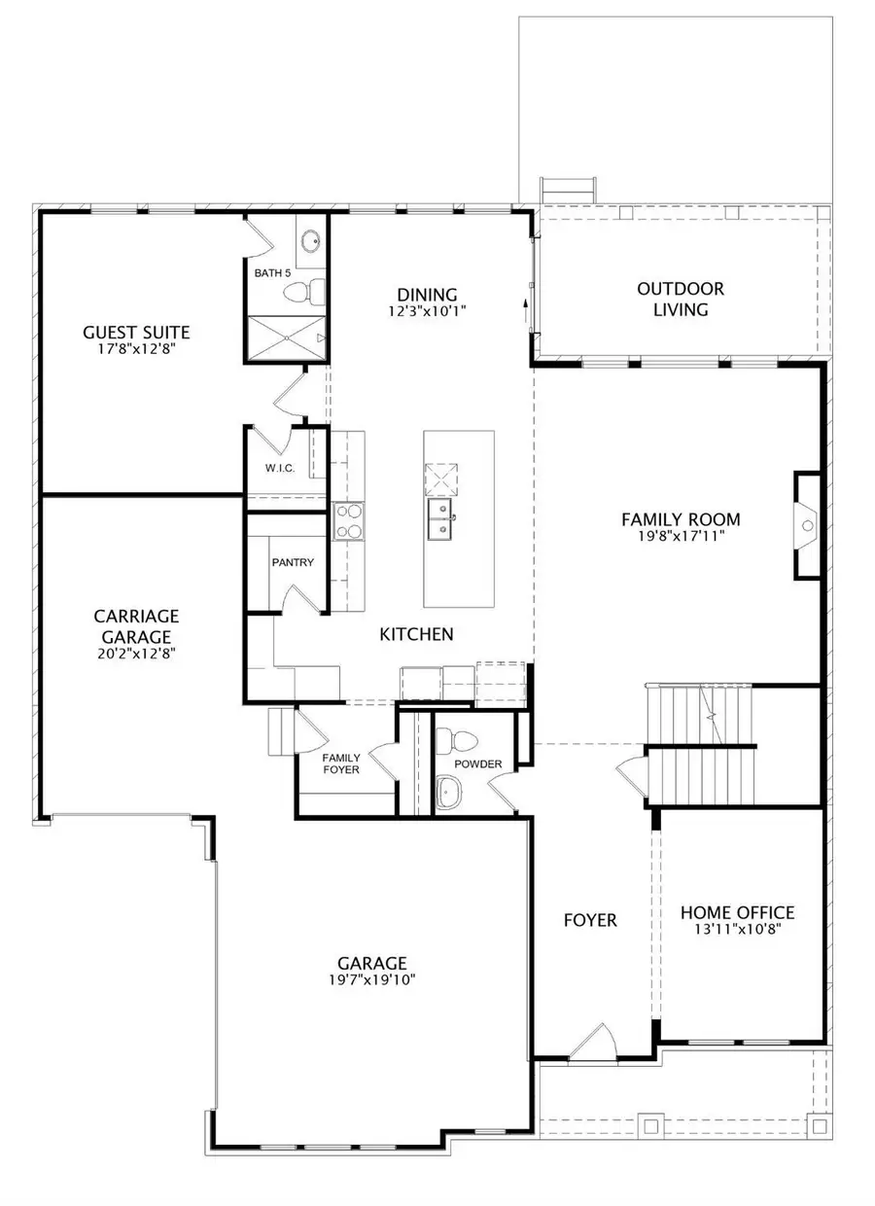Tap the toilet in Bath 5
312,288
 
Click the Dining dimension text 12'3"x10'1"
427,312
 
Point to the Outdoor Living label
681,300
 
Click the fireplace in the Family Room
807,526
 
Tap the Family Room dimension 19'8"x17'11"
681,535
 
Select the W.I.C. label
280,469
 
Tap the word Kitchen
416,634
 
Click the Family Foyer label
341,763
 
